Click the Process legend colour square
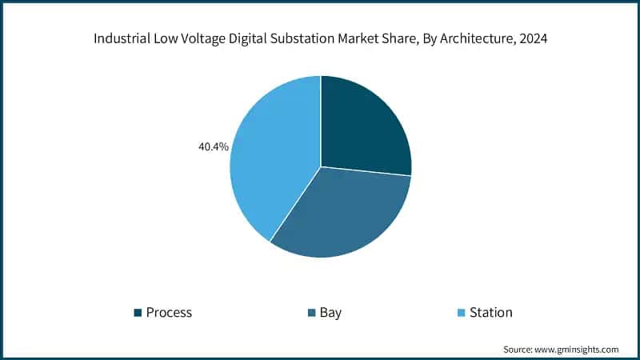click(x=138, y=313)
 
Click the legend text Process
click(x=169, y=313)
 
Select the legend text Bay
click(x=330, y=313)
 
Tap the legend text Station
click(x=491, y=313)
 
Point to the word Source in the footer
click(x=518, y=350)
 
